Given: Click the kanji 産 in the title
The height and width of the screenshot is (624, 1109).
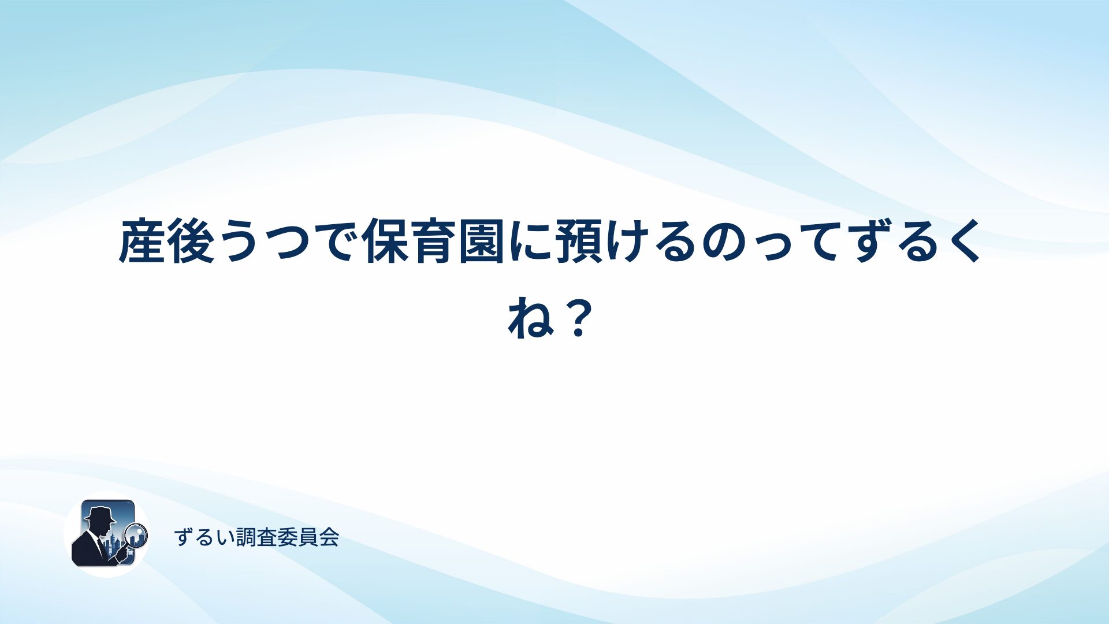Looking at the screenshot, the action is click(x=142, y=241).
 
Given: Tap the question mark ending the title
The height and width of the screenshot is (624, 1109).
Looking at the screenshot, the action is click(x=579, y=318).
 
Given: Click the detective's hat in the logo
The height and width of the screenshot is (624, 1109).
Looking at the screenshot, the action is click(x=99, y=514).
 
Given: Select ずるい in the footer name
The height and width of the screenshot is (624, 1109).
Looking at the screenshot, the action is click(x=204, y=537).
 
